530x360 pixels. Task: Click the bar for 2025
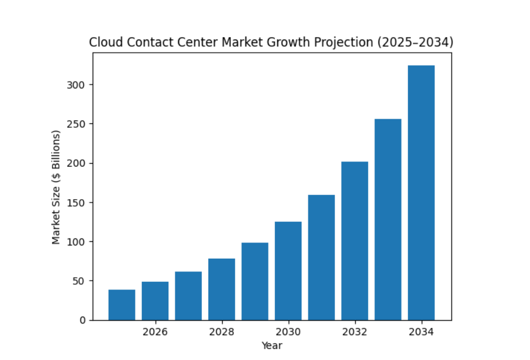coord(122,305)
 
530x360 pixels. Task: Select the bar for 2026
coord(155,301)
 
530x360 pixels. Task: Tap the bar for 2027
coord(188,296)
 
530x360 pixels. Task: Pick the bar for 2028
coord(222,289)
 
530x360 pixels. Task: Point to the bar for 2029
coord(255,281)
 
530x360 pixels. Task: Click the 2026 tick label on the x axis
coord(155,332)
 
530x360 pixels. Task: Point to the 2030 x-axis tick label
coord(288,332)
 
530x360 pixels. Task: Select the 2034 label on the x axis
coord(421,332)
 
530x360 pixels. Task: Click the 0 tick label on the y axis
coord(83,320)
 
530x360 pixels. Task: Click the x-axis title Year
coord(271,346)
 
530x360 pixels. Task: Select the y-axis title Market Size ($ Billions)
coord(56,186)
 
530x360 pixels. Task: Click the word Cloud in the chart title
coord(102,43)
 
